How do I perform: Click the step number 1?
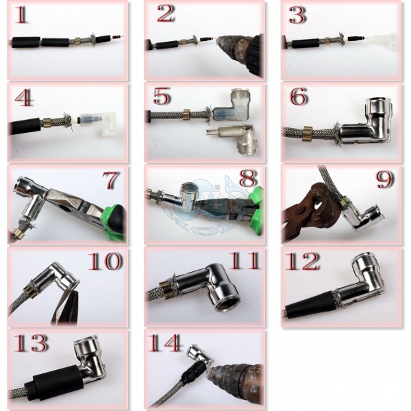pyautogui.click(x=21, y=15)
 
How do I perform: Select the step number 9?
pyautogui.click(x=385, y=179)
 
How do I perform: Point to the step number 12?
pyautogui.click(x=301, y=262)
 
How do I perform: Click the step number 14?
pyautogui.click(x=164, y=343)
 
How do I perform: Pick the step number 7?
pyautogui.click(x=111, y=180)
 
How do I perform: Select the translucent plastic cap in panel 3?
pyautogui.click(x=384, y=41)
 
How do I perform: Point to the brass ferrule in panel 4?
pyautogui.click(x=47, y=122)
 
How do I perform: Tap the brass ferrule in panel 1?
pyautogui.click(x=78, y=40)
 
